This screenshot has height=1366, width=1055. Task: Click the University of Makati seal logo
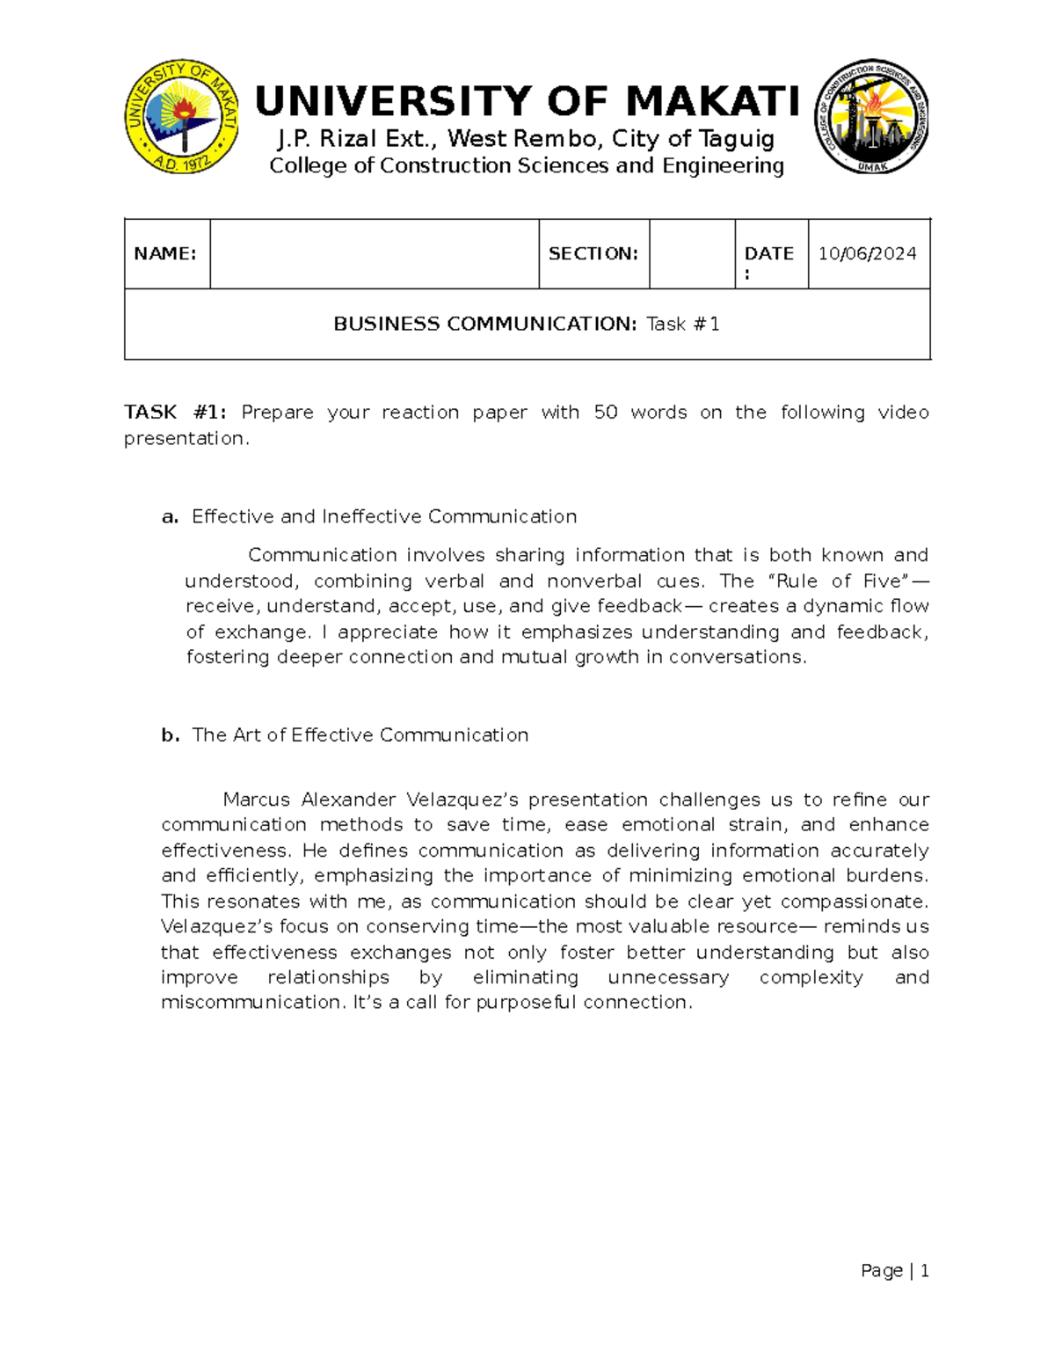(181, 117)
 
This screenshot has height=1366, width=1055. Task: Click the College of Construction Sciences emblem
(871, 117)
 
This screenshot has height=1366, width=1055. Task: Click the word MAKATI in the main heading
(713, 101)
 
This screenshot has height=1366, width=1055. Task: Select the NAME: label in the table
(165, 253)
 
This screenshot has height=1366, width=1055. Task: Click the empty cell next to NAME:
(374, 253)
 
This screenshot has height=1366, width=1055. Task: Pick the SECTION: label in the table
(593, 253)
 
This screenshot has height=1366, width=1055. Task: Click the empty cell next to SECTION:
(692, 253)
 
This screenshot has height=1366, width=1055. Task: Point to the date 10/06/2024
(867, 253)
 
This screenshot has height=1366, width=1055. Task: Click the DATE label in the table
(768, 253)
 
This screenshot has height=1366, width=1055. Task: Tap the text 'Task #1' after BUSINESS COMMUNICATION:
(683, 324)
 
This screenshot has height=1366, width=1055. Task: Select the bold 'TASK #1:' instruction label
(176, 412)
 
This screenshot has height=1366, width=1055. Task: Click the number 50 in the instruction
(606, 412)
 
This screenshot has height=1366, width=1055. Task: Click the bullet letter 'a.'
(170, 516)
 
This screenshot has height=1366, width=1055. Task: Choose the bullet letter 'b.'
(170, 734)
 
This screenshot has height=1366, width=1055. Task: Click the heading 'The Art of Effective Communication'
(360, 734)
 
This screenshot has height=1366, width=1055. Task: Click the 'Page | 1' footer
(895, 1270)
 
